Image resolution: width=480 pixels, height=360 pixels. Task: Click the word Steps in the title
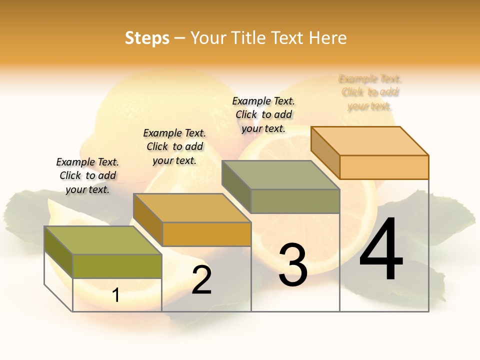pos(147,38)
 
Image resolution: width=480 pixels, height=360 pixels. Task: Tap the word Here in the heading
pos(327,38)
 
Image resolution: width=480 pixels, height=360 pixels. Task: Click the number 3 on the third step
pos(293,265)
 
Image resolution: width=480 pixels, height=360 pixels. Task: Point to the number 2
pos(202,280)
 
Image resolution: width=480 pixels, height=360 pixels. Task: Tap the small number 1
pos(116,295)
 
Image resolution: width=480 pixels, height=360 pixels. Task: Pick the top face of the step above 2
pos(192,208)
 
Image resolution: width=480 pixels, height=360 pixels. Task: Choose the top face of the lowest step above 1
pos(103,240)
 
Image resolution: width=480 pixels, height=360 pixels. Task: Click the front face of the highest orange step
pos(384,167)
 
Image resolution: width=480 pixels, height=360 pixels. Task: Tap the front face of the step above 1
pos(117,266)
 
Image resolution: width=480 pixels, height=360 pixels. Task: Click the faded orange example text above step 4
pos(370,92)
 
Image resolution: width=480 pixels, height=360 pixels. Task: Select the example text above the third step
pos(263,114)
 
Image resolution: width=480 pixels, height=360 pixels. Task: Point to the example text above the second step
pos(174,146)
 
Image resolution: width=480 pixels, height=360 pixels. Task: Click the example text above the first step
pos(87,175)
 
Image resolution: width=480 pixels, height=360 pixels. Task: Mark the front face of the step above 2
pos(206,234)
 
